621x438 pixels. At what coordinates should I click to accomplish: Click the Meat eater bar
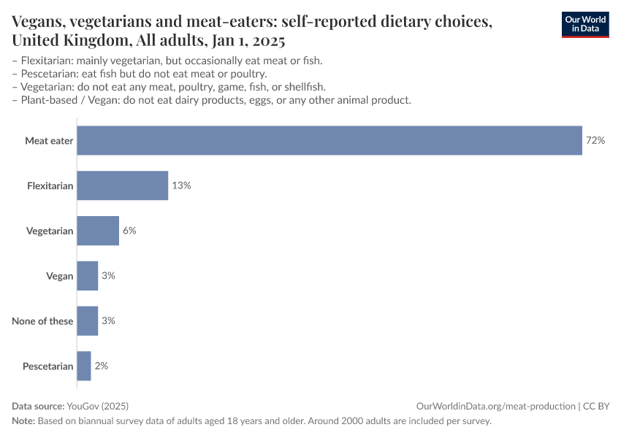(329, 141)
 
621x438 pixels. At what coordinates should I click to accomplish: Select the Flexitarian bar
(122, 185)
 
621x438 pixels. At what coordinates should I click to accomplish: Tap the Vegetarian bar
(97, 231)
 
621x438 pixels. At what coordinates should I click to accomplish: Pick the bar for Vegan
(87, 276)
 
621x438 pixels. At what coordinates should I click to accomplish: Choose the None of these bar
(87, 320)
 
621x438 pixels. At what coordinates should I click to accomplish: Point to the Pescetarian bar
(83, 366)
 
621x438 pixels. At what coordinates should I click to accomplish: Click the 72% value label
(595, 141)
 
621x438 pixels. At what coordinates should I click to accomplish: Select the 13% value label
(181, 185)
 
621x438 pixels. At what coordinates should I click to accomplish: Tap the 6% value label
(129, 231)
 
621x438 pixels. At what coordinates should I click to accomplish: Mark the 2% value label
(102, 366)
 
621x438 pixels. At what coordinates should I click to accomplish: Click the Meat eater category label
(49, 141)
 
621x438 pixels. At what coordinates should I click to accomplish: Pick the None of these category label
(42, 320)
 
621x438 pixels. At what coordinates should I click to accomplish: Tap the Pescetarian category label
(47, 366)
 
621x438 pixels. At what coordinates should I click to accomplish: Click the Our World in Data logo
(584, 23)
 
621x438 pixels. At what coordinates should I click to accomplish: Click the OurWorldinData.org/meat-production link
(495, 406)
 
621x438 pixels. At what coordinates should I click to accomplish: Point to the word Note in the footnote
(23, 421)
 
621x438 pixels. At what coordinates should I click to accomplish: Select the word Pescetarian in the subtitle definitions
(47, 73)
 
